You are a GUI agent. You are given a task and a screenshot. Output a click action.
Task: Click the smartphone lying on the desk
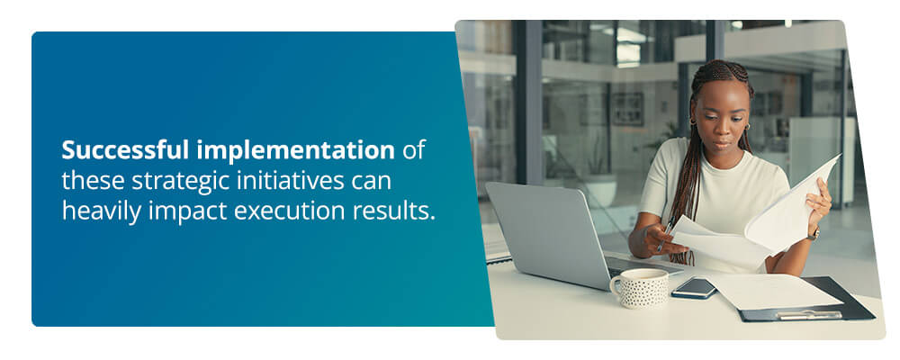tap(695, 287)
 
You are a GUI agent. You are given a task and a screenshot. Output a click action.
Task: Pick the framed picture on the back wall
tap(628, 108)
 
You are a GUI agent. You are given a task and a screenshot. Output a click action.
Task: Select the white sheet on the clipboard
tap(774, 292)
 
